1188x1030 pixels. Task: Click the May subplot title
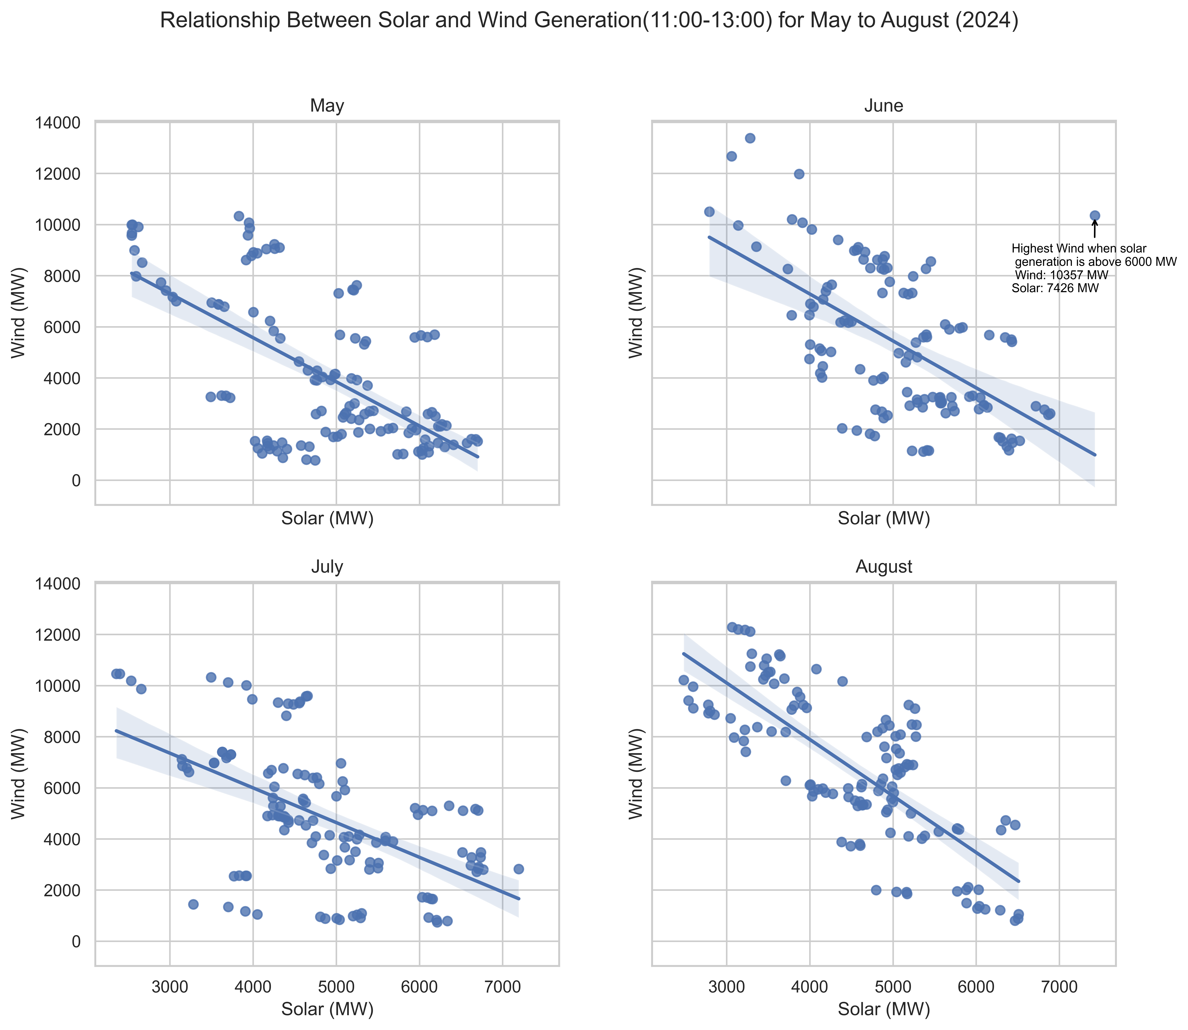327,106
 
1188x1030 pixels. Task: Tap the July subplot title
327,567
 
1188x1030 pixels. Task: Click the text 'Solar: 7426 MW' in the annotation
1055,289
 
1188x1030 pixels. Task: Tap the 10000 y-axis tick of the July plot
57,686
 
